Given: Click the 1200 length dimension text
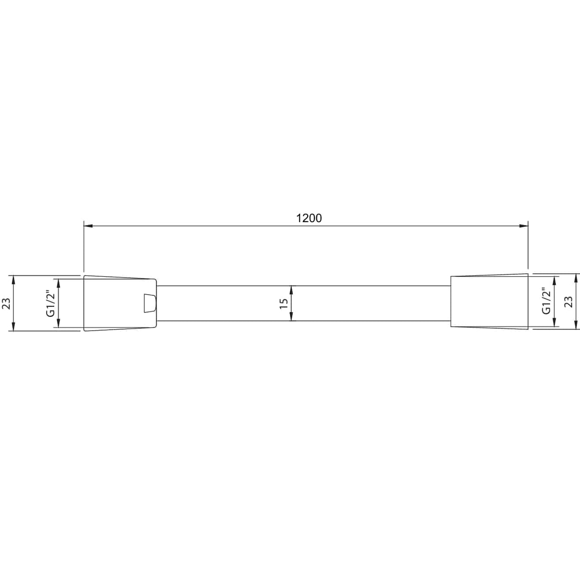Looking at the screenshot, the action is click(x=309, y=218).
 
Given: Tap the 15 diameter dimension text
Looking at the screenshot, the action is click(x=284, y=303).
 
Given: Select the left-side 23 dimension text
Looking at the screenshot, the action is click(x=6, y=303).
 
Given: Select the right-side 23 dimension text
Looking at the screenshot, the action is click(x=568, y=301).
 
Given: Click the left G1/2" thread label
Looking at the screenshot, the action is click(x=51, y=303).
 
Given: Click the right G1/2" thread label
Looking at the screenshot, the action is click(x=546, y=301).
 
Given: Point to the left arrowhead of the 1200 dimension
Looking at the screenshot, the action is click(x=88, y=226).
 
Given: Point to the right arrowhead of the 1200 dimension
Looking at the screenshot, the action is click(x=524, y=226).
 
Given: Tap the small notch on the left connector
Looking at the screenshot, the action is click(x=150, y=303).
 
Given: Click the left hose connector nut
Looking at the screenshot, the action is click(x=120, y=303).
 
